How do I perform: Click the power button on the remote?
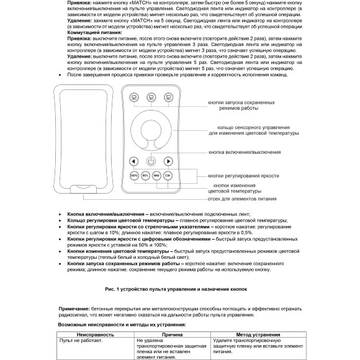click(x=151, y=161)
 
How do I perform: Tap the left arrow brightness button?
click(x=133, y=161)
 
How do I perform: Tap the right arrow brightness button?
click(x=168, y=161)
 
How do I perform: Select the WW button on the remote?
click(x=156, y=176)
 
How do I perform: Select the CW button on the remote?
click(x=168, y=176)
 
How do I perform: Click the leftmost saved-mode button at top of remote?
click(x=133, y=97)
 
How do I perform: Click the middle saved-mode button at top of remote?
click(x=151, y=97)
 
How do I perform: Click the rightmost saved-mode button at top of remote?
click(x=168, y=97)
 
